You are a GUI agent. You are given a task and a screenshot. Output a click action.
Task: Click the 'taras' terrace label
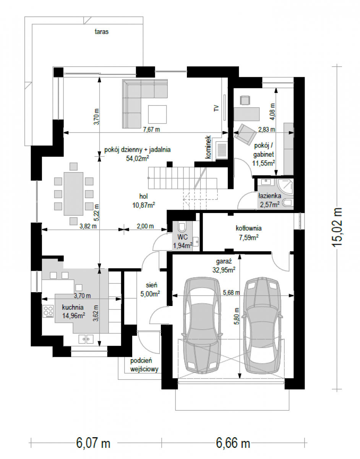coord(102,32)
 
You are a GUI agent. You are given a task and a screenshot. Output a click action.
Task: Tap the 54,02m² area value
coord(138,158)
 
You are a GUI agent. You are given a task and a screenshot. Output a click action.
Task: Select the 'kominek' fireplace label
coord(208,147)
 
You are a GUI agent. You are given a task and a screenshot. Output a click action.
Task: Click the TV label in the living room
coord(216,108)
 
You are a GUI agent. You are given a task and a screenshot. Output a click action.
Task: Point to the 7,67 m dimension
coord(151,129)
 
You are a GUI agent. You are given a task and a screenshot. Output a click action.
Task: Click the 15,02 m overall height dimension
coord(337,227)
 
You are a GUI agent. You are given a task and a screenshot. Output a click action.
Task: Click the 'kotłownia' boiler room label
coord(248,228)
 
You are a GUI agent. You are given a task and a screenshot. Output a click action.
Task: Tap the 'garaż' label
coord(224,262)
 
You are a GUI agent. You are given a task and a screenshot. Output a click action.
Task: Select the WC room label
coord(183,237)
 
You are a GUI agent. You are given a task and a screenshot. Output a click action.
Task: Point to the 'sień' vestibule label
coord(151,285)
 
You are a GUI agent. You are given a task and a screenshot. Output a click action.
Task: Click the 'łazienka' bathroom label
coord(270,196)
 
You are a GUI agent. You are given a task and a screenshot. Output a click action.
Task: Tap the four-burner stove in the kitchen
coord(48,311)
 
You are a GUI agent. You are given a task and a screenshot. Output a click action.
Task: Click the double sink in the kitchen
coord(86,339)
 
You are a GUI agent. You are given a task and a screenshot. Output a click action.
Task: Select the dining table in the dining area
coord(73,194)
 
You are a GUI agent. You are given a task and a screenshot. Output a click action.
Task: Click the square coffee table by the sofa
coord(157,114)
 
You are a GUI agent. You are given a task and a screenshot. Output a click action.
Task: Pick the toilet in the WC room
coord(182,226)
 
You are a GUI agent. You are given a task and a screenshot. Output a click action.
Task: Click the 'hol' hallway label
coord(143,197)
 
